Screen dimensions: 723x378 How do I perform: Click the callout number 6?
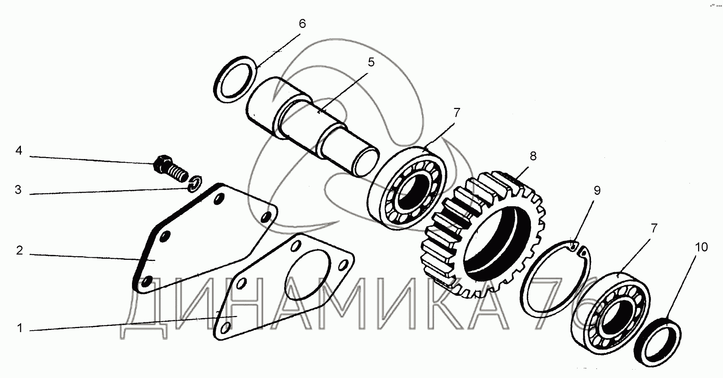302,24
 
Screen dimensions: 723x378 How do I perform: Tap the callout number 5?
371,62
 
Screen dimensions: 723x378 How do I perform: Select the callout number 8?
533,156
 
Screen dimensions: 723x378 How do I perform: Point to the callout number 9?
597,190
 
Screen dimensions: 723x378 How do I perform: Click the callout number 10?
701,247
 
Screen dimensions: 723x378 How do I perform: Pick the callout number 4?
19,150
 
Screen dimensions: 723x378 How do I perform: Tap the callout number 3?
18,190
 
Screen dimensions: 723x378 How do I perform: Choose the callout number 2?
19,250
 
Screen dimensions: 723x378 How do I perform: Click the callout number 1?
20,328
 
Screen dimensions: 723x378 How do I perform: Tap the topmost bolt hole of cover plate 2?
219,199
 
